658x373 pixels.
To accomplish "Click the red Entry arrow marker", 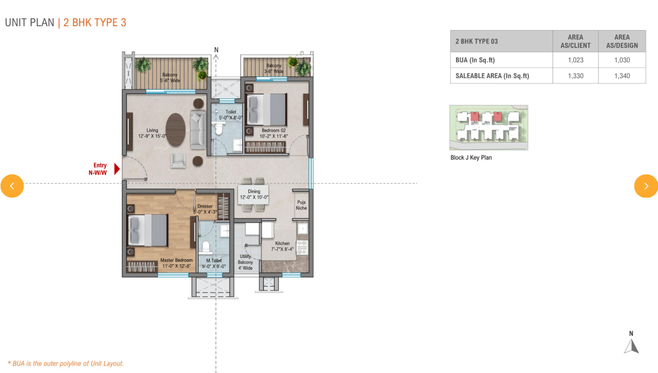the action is [117, 169].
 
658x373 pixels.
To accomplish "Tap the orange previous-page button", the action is [12, 186].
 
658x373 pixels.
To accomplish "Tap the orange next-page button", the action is [646, 186].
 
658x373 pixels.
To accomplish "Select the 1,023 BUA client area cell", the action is [575, 60].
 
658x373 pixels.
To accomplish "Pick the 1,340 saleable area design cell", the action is [622, 76].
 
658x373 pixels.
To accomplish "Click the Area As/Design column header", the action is [622, 41].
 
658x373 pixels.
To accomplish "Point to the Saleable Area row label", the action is [492, 76].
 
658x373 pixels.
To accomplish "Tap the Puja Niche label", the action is [301, 205].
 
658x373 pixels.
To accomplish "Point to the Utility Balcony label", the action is [245, 262].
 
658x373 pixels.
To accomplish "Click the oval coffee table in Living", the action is [176, 129].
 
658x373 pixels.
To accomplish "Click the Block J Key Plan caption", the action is [471, 158].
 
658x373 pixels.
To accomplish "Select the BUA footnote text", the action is [66, 364].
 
